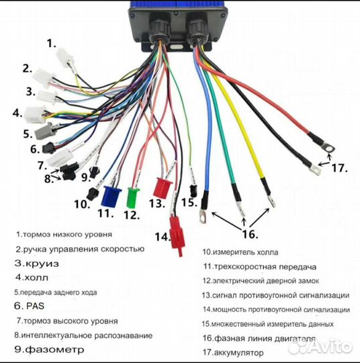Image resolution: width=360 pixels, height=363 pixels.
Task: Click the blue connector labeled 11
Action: [107, 194]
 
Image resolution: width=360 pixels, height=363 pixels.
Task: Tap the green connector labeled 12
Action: [132, 196]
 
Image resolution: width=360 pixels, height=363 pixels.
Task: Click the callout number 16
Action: [249, 234]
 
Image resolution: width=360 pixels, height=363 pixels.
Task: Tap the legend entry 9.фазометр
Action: [50, 350]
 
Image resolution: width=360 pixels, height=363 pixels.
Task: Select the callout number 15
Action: [189, 201]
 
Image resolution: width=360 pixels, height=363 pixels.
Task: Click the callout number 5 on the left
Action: [28, 134]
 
